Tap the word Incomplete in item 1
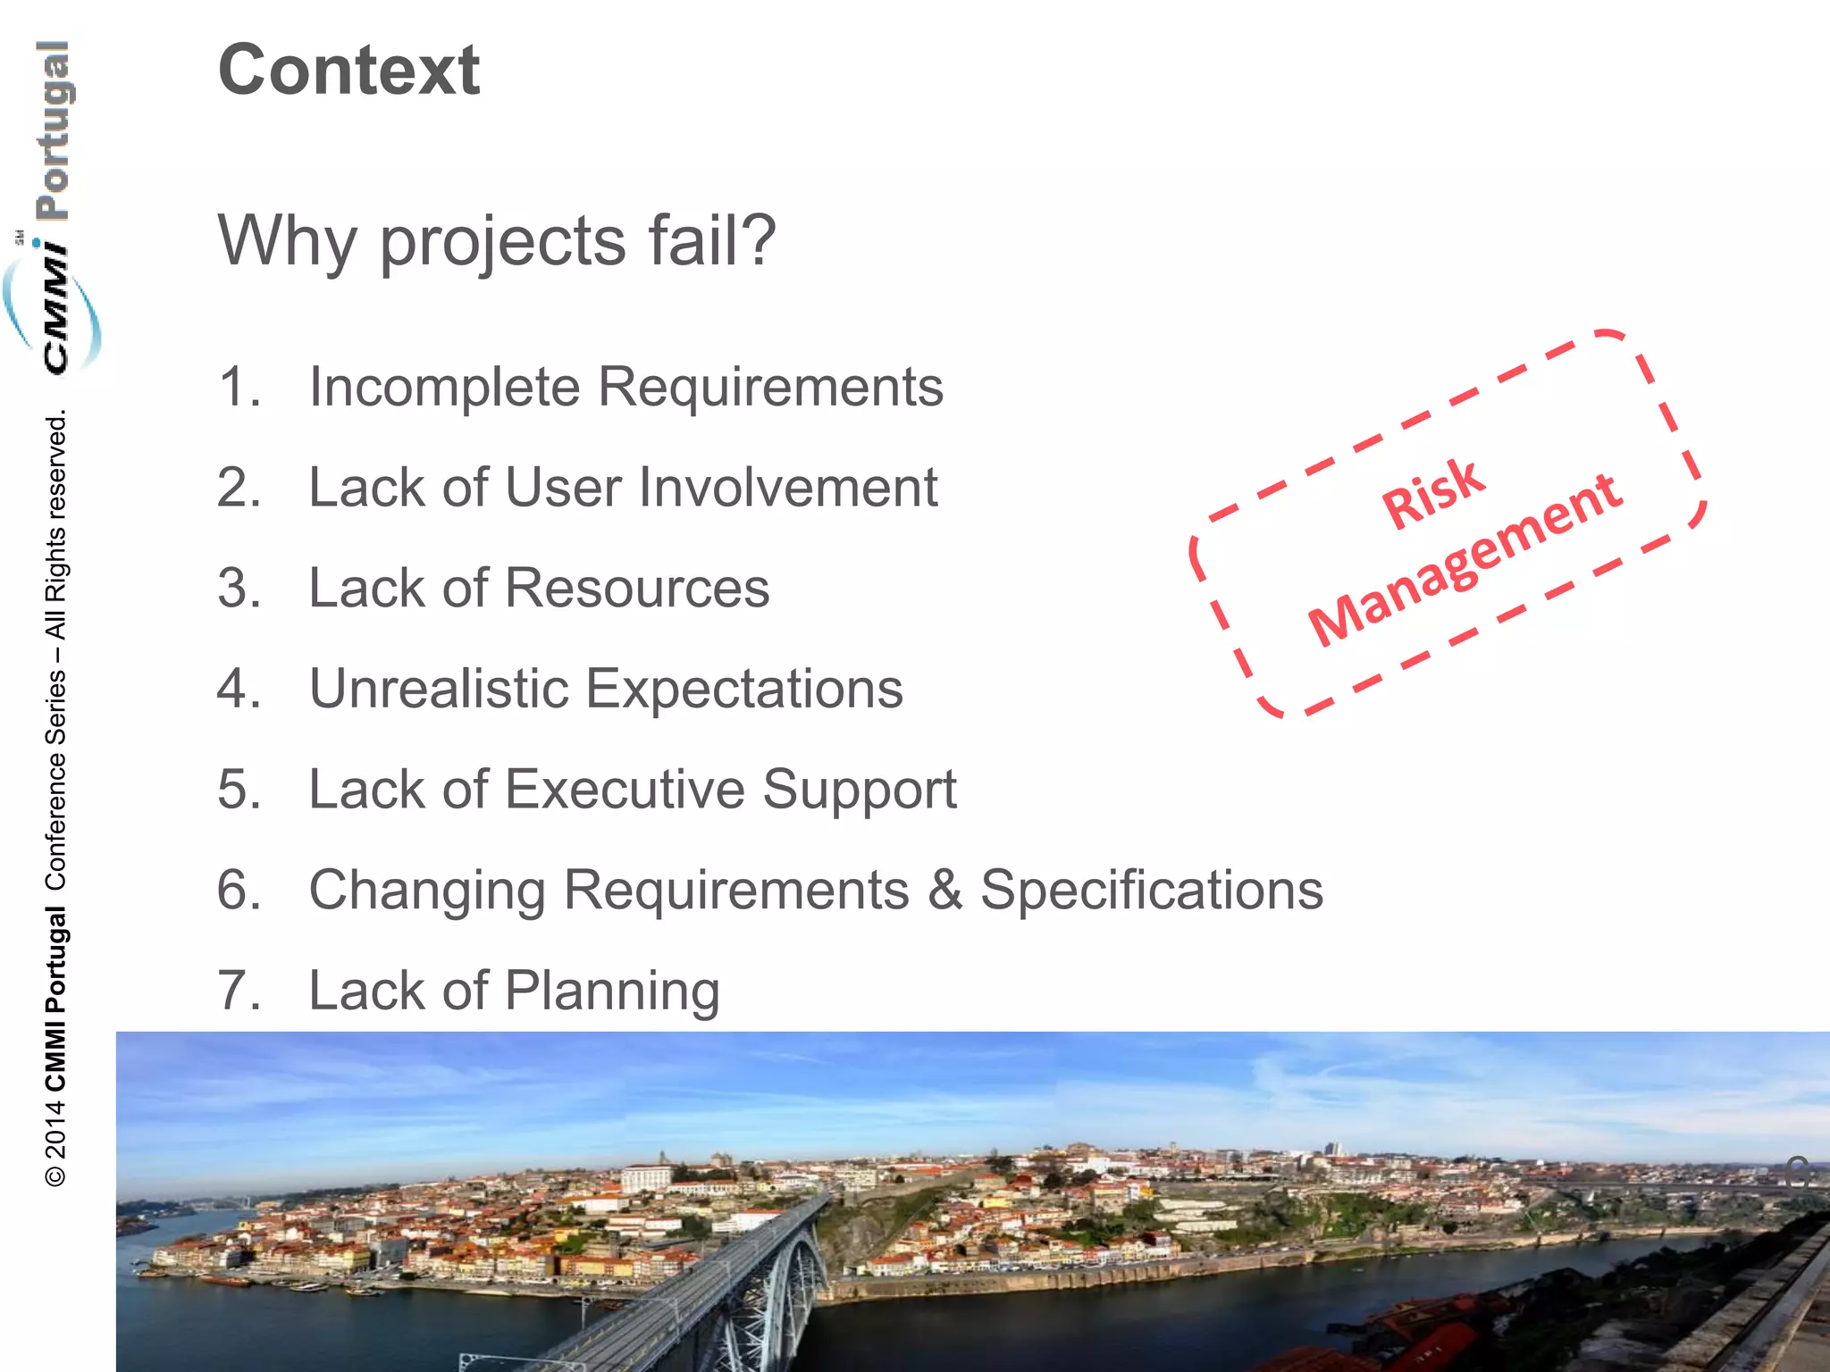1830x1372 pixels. pyautogui.click(x=444, y=388)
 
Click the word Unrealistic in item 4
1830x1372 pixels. pyautogui.click(x=439, y=689)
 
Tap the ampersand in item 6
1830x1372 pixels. pyautogui.click(x=944, y=891)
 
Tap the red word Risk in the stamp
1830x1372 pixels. pyautogui.click(x=1433, y=492)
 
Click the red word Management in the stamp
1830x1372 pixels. pyautogui.click(x=1465, y=560)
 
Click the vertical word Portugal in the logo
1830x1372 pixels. pyautogui.click(x=54, y=130)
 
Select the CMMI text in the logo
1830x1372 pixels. pyautogui.click(x=55, y=308)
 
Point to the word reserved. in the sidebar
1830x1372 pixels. pyautogui.click(x=55, y=465)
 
